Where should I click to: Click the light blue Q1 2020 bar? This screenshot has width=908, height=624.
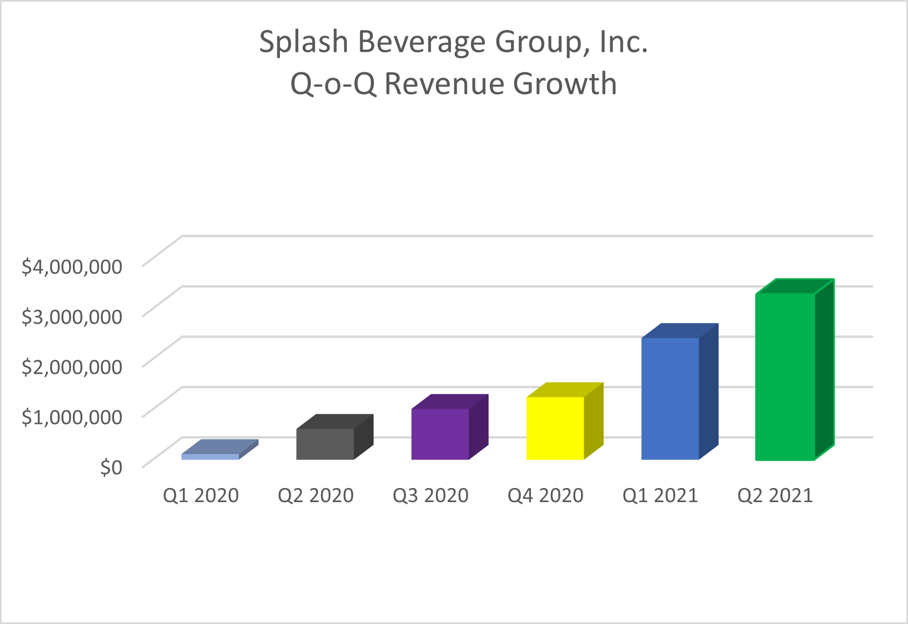tap(210, 456)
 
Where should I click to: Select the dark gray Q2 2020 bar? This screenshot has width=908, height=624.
tap(325, 444)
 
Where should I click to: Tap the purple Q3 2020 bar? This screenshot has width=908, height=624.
tap(440, 434)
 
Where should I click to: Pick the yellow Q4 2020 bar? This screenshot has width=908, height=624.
tap(555, 428)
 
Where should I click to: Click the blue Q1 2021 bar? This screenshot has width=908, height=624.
tap(670, 399)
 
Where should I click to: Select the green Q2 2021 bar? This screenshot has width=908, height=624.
tap(785, 376)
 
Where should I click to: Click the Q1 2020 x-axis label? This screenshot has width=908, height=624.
tap(201, 495)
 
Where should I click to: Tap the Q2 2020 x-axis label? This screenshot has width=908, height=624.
tap(316, 495)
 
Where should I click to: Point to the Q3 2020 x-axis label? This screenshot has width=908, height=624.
tap(431, 495)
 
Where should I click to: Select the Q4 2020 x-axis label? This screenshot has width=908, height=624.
tap(545, 495)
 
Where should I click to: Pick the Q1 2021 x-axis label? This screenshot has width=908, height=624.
tap(660, 495)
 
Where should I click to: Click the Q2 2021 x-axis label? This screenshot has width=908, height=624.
tap(775, 495)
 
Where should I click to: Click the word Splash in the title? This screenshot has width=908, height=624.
tap(304, 42)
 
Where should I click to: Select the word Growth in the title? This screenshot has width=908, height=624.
tap(565, 84)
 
